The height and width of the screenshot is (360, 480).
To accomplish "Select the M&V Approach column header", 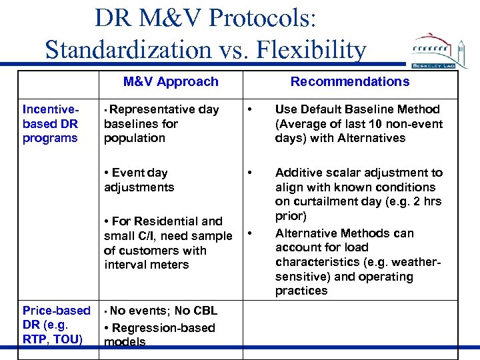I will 171,81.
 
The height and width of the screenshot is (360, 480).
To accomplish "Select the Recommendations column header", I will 350,81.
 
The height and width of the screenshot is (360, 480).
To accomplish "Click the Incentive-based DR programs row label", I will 51,123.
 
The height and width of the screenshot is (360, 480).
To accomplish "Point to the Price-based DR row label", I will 56,325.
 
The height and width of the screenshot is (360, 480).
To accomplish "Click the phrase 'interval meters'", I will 147,265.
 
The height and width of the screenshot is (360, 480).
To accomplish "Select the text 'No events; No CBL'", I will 163,311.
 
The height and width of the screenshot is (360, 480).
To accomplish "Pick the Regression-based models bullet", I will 160,335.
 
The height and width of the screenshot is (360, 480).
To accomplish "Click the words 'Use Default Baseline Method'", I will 357,109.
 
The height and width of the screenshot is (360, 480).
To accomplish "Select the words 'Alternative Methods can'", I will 344,233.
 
